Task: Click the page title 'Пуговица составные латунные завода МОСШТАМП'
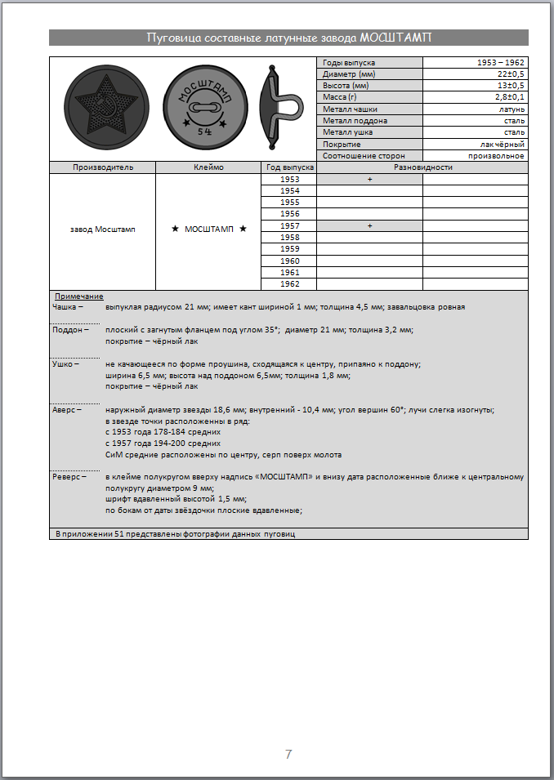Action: tap(288, 38)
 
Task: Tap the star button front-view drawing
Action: tap(102, 109)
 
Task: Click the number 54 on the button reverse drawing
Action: tap(203, 131)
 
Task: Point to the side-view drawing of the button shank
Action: tap(278, 109)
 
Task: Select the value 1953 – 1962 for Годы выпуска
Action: tap(501, 63)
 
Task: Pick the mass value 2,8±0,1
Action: tap(509, 97)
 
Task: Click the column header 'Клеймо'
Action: tap(208, 167)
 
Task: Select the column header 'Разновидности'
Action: tap(422, 167)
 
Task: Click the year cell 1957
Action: tap(289, 225)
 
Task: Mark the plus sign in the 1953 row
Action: tap(369, 179)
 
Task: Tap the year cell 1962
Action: tap(289, 283)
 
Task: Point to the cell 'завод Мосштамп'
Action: tap(103, 230)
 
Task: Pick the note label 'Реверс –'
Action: tap(69, 475)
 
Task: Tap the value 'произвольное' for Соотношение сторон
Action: tap(496, 155)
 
